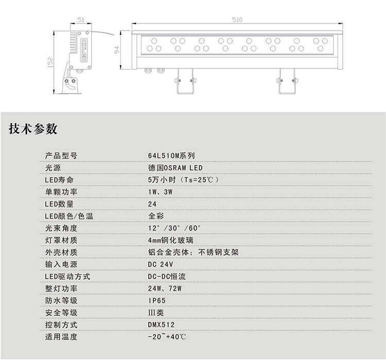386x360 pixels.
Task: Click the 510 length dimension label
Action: [236, 19]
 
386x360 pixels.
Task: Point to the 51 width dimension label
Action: [81, 19]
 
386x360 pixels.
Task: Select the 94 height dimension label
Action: [117, 50]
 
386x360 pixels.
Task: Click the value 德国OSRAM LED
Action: [175, 168]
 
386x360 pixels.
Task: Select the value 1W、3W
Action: [160, 192]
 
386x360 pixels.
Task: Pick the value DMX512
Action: [161, 325]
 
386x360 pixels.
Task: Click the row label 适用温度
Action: [61, 337]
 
